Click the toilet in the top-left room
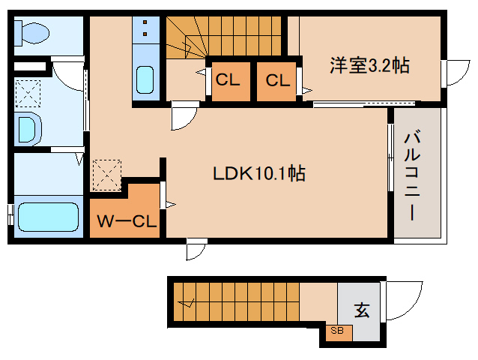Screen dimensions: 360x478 pos(32,33)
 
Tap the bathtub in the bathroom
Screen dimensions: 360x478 pos(46,217)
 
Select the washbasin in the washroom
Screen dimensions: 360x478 pos(27,128)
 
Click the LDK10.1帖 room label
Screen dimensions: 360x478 pos(258,174)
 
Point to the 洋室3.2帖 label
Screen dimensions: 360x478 pos(369,65)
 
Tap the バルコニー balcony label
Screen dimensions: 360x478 pos(412,174)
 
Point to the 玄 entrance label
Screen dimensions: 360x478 pos(361,309)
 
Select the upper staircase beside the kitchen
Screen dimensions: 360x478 pos(225,34)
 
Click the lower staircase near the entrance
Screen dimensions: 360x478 pos(240,301)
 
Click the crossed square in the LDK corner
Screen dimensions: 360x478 pos(106,175)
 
